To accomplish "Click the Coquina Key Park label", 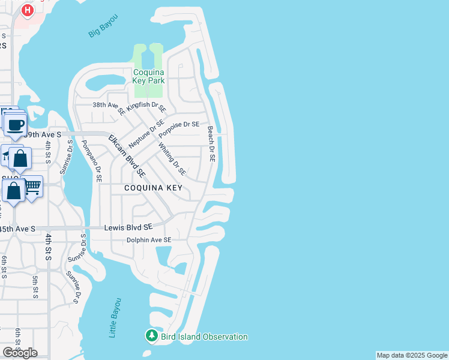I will pyautogui.click(x=149, y=76).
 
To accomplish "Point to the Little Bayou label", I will pyautogui.click(x=115, y=317).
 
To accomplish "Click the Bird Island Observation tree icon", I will pyautogui.click(x=152, y=336).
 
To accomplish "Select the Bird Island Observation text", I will pyautogui.click(x=204, y=337).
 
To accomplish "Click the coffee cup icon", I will pyautogui.click(x=16, y=125).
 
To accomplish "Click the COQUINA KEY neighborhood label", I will pyautogui.click(x=152, y=188).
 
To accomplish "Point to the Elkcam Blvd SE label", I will pyautogui.click(x=127, y=155).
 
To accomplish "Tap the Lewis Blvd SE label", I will pyautogui.click(x=128, y=227).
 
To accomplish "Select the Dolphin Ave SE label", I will pyautogui.click(x=149, y=240).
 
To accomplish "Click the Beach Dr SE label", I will pyautogui.click(x=211, y=144).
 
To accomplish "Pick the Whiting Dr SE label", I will pyautogui.click(x=172, y=159).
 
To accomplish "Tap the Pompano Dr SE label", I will pyautogui.click(x=97, y=161).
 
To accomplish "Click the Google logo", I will pyautogui.click(x=20, y=353).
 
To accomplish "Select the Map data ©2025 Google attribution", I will pyautogui.click(x=412, y=355).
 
